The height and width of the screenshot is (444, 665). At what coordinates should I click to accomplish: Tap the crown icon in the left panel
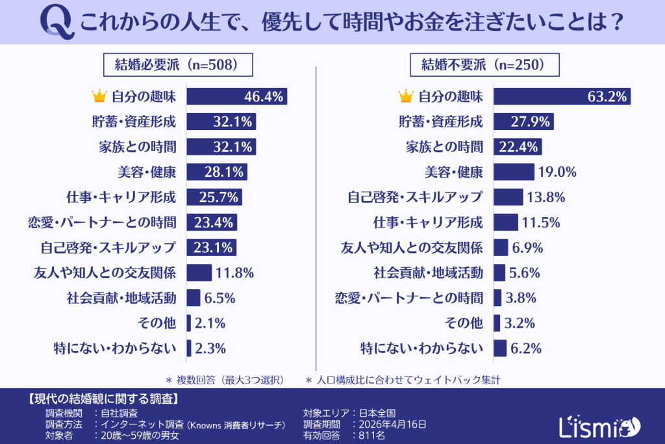[x=99, y=97]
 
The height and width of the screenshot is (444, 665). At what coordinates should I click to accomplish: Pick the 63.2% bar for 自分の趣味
[x=562, y=97]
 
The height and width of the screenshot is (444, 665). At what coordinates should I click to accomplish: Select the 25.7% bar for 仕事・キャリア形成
[x=214, y=196]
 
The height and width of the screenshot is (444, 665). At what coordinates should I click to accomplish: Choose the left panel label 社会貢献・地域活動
[x=121, y=298]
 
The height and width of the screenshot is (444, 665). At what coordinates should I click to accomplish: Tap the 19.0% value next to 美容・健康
[x=558, y=172]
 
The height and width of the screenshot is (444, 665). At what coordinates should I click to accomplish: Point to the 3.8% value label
[x=520, y=298]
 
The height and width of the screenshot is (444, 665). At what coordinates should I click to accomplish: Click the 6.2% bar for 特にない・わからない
[x=500, y=348]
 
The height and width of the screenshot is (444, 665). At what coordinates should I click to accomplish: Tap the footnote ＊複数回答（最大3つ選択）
[x=229, y=378]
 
